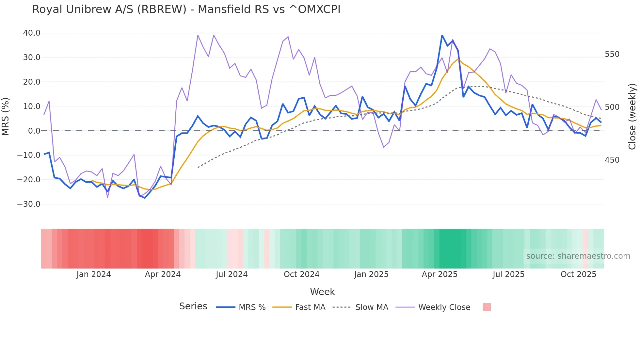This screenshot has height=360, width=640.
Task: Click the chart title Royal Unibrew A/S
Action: [x=186, y=9]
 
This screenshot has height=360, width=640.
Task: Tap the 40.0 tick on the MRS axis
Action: [x=32, y=33]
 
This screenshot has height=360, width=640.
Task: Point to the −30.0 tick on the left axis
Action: [x=29, y=204]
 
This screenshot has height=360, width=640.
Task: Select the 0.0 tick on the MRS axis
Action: [x=34, y=131]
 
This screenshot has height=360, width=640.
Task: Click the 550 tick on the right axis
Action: [x=612, y=54]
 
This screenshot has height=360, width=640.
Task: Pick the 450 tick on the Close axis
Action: [x=612, y=160]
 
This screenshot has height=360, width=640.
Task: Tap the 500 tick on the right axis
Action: [x=612, y=107]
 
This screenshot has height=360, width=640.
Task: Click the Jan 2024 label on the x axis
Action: [x=94, y=274]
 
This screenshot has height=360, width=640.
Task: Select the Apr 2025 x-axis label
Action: [x=440, y=274]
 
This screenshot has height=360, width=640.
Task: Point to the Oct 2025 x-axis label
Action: [x=578, y=274]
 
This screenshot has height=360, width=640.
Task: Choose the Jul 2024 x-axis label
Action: [x=232, y=274]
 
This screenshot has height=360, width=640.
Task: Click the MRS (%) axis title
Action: [x=6, y=116]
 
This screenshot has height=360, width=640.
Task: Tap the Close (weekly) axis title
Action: [x=632, y=116]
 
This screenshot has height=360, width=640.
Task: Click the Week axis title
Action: [x=322, y=292]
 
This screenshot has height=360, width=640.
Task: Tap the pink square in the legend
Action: [x=487, y=307]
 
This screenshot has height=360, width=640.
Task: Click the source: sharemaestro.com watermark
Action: [x=578, y=256]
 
